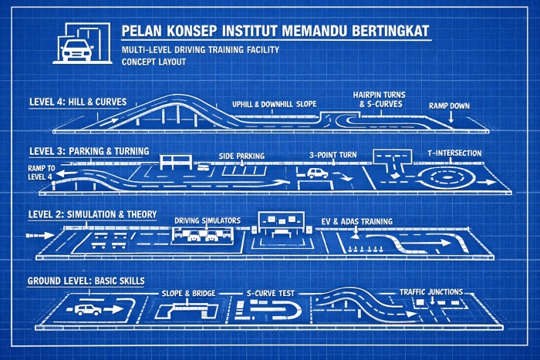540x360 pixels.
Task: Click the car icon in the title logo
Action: (x=76, y=49)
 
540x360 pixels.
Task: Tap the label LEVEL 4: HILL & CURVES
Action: (x=77, y=101)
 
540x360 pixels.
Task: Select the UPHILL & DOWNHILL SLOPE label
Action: (x=275, y=103)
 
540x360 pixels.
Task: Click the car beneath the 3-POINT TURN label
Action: (x=317, y=173)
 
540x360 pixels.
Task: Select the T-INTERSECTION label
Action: (x=454, y=153)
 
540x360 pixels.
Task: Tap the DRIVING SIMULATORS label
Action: (x=207, y=220)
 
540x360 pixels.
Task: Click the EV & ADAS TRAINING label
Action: (x=357, y=221)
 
